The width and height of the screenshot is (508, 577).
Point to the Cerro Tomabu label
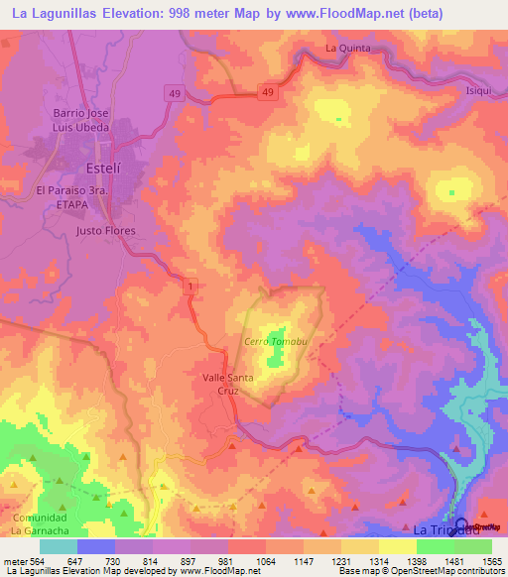pyautogui.click(x=269, y=342)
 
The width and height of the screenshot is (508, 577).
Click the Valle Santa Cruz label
pyautogui.click(x=227, y=384)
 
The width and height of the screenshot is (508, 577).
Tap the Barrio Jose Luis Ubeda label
pyautogui.click(x=94, y=122)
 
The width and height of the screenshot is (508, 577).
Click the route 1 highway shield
pyautogui.click(x=189, y=286)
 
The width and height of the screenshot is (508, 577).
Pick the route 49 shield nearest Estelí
pyautogui.click(x=174, y=93)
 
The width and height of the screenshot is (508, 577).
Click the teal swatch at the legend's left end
pyautogui.click(x=58, y=546)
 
